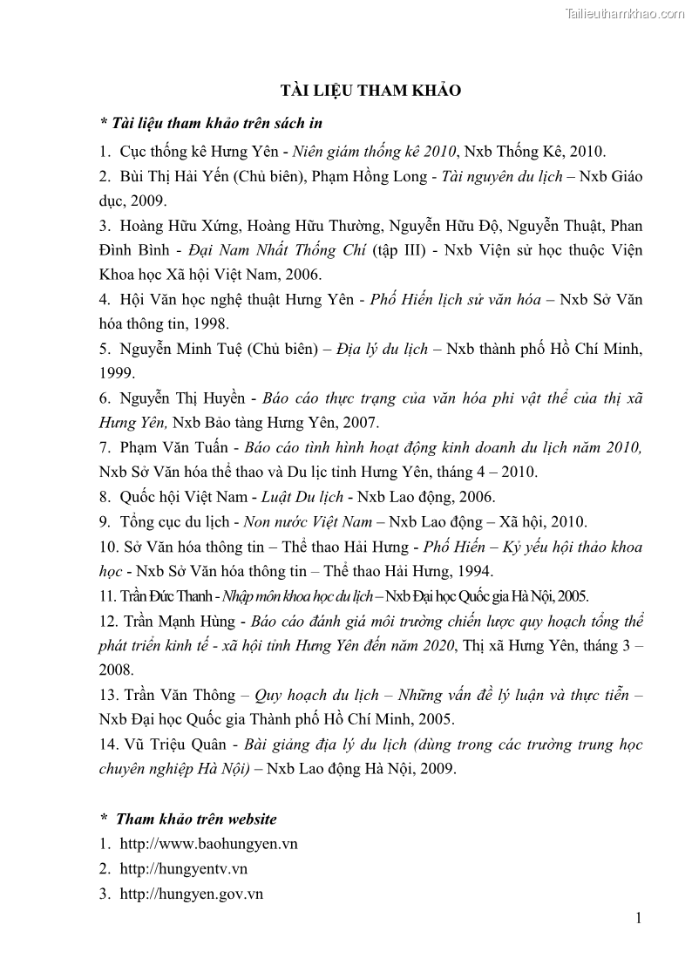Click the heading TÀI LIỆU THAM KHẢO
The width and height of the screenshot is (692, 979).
pos(370,91)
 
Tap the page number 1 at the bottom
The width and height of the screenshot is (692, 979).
pos(639,917)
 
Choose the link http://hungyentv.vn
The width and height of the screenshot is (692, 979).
pos(183,869)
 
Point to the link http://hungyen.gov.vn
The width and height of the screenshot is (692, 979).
pos(192,894)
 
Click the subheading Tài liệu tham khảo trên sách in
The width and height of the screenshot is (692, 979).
pos(212,123)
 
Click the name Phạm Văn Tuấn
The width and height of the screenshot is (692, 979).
pos(171,447)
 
